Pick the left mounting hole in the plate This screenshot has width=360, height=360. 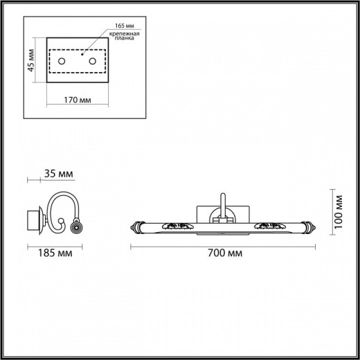[62, 63]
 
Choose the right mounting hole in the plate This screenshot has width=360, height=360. [92, 63]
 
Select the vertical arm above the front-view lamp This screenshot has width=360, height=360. [222, 206]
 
